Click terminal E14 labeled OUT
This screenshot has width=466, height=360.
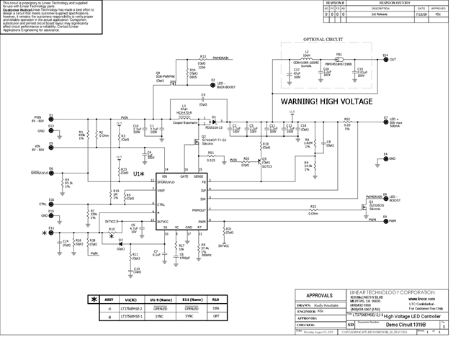pyautogui.click(x=385, y=60)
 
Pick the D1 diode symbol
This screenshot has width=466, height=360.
pyautogui.click(x=213, y=116)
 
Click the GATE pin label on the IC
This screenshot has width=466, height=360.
pyautogui.click(x=184, y=176)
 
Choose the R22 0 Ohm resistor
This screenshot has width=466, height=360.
pyautogui.click(x=313, y=210)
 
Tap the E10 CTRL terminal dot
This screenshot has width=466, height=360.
pyautogui.click(x=52, y=204)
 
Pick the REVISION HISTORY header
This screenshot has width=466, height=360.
pyautogui.click(x=406, y=3)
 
